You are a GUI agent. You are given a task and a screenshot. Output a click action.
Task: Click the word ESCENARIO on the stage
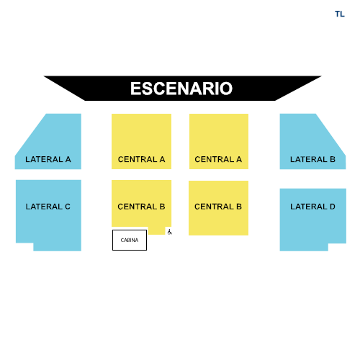point(181,89)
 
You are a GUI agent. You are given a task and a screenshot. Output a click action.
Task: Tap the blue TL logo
point(340,14)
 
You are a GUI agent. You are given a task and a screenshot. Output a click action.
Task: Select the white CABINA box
point(130,240)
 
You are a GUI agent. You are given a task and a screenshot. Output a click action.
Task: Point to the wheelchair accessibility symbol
point(169,232)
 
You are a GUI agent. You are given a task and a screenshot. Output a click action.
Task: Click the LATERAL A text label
point(48,159)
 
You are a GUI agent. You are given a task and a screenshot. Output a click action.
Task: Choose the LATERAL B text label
point(312,159)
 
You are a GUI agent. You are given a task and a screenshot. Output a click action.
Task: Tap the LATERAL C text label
point(48,207)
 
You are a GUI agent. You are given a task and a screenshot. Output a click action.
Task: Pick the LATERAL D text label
point(312,207)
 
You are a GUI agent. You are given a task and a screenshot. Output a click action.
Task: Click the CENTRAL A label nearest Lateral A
point(141,159)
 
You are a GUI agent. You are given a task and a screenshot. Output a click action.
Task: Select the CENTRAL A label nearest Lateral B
point(218,159)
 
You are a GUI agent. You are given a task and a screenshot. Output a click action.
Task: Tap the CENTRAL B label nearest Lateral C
point(141,207)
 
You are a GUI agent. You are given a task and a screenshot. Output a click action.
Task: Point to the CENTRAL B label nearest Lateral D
point(218,207)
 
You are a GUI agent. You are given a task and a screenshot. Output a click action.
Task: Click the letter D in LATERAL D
point(333,207)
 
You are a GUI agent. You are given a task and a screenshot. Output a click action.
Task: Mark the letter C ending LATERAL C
point(68,207)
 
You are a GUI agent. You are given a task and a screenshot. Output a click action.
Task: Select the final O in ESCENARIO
point(226,89)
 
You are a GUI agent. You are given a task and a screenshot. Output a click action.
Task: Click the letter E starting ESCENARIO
point(135,89)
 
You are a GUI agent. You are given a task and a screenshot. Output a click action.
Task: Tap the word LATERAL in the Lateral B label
point(308,159)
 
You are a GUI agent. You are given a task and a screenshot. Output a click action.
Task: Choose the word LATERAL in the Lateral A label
point(44,159)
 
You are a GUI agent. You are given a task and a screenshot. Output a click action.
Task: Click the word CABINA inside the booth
point(130,240)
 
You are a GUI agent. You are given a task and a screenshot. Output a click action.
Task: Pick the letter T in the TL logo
point(338,14)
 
